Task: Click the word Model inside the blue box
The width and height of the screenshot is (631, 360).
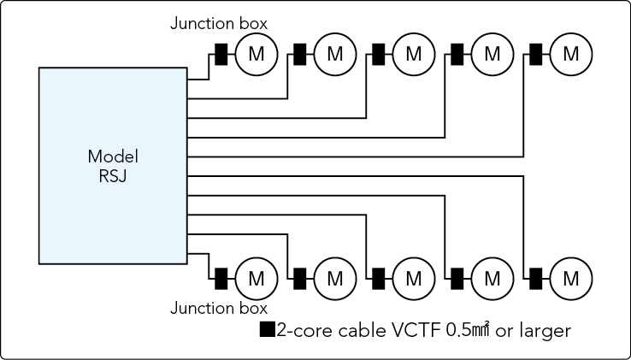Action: coord(113,156)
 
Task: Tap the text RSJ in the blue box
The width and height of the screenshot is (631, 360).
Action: coord(113,177)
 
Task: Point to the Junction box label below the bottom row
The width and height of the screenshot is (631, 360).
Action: coord(219,308)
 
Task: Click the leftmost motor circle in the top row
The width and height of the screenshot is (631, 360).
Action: coord(256,54)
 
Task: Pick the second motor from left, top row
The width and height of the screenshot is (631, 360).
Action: coord(334,54)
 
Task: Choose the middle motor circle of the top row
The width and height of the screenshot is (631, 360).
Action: coord(413,54)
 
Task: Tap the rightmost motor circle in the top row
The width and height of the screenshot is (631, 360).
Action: coord(570,54)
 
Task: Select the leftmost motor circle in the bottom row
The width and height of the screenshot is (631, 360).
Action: coord(256,278)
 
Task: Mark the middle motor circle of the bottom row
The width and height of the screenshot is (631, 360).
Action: coord(413,278)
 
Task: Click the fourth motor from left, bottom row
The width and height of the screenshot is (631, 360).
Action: coord(492,278)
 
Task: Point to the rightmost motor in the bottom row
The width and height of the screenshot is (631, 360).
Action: coord(570,278)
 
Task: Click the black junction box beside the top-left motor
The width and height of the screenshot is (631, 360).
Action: coord(221,55)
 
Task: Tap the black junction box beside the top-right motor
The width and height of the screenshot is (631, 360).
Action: coord(536,55)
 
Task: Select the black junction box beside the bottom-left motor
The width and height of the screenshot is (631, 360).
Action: coord(221,278)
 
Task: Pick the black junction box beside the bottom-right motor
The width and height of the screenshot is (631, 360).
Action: coord(536,278)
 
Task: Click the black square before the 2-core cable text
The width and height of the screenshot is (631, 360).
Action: coord(267,329)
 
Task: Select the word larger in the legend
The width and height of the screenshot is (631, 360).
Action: coord(544,330)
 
